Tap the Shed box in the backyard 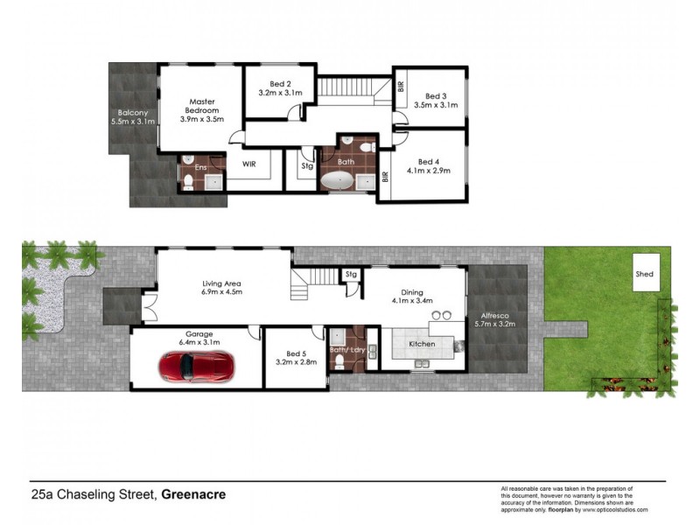[644, 274]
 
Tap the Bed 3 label [437, 96]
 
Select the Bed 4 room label [428, 161]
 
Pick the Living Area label [221, 283]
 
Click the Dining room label [412, 292]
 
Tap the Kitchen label [423, 344]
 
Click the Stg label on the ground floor [351, 274]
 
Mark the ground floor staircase [302, 287]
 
